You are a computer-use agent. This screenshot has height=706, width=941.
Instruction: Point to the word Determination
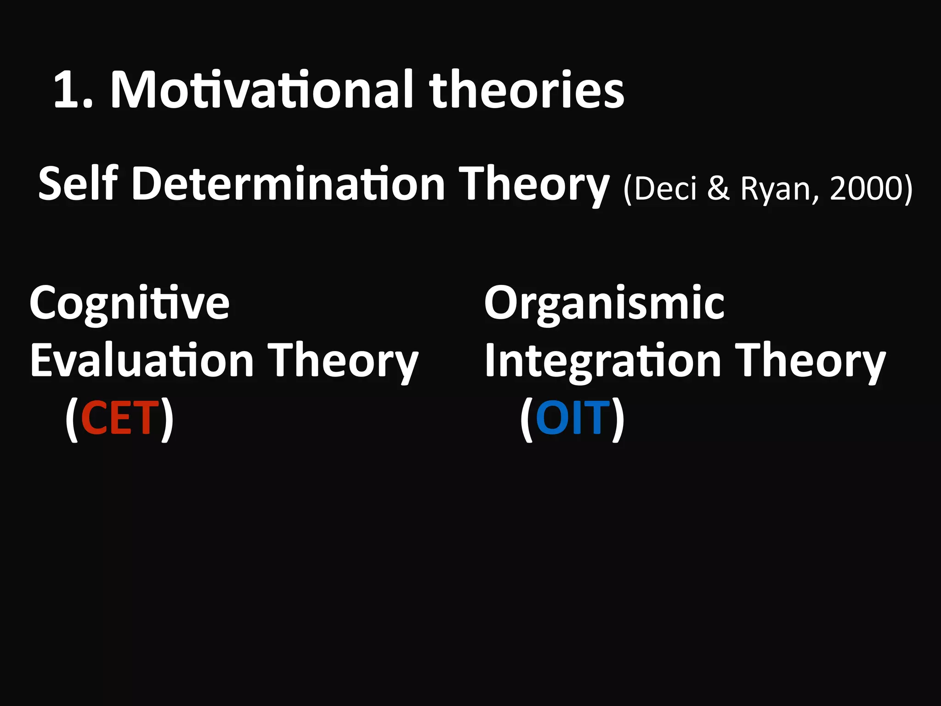(288, 184)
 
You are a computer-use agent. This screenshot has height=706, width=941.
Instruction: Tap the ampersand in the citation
(718, 188)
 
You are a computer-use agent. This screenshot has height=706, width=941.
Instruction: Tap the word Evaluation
(142, 361)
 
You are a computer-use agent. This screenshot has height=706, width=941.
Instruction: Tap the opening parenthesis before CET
(72, 419)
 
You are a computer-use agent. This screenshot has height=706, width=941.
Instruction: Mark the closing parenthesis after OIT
(618, 419)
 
